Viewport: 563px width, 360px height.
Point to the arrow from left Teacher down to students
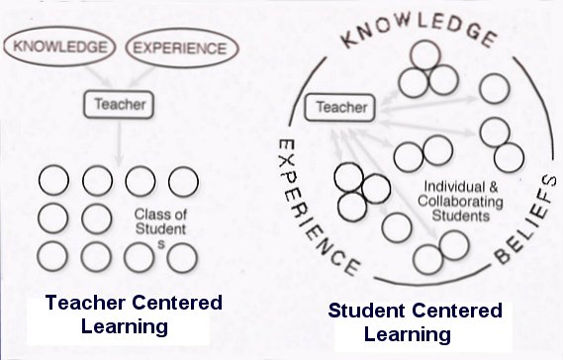(x=119, y=141)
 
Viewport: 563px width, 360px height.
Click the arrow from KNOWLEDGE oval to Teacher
(x=99, y=76)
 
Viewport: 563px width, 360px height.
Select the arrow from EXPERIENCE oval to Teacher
(x=141, y=77)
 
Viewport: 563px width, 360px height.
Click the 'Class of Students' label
(x=160, y=227)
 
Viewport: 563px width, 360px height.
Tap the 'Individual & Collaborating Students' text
(x=460, y=202)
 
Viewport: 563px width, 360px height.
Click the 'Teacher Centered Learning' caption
(x=134, y=315)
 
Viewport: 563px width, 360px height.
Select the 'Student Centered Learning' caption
(x=415, y=322)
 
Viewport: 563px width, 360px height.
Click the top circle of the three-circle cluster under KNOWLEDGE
(x=425, y=55)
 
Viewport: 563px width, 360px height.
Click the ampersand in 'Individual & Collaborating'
(x=494, y=187)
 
